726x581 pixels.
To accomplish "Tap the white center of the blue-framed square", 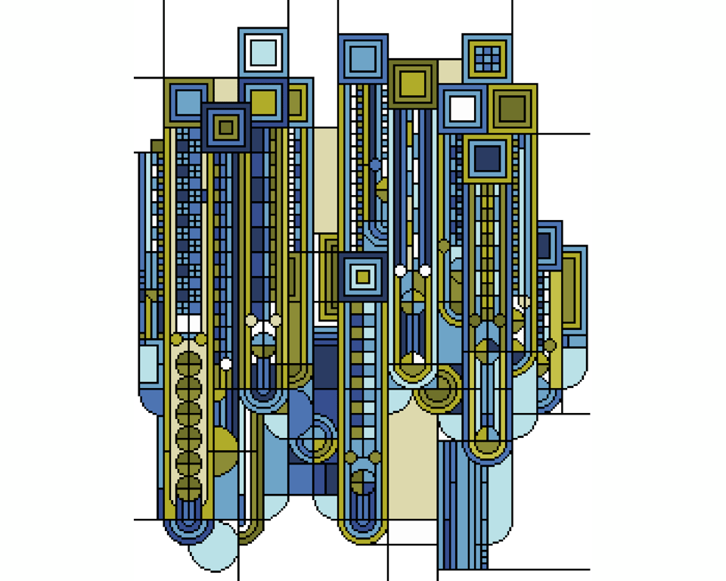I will pyautogui.click(x=462, y=108).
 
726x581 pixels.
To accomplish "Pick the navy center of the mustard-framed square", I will pyautogui.click(x=486, y=158).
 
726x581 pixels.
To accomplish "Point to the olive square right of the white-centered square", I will pyautogui.click(x=512, y=108).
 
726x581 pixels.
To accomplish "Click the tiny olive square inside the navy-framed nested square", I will pyautogui.click(x=225, y=127).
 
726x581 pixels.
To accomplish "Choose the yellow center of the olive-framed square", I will pyautogui.click(x=412, y=84).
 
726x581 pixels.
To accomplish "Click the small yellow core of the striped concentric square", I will pyautogui.click(x=363, y=277).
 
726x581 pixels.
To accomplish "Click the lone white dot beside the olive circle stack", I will pyautogui.click(x=225, y=364).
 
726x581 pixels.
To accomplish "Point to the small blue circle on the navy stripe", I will pyautogui.click(x=375, y=164).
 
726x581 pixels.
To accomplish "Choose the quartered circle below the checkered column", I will pyautogui.click(x=363, y=481).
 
